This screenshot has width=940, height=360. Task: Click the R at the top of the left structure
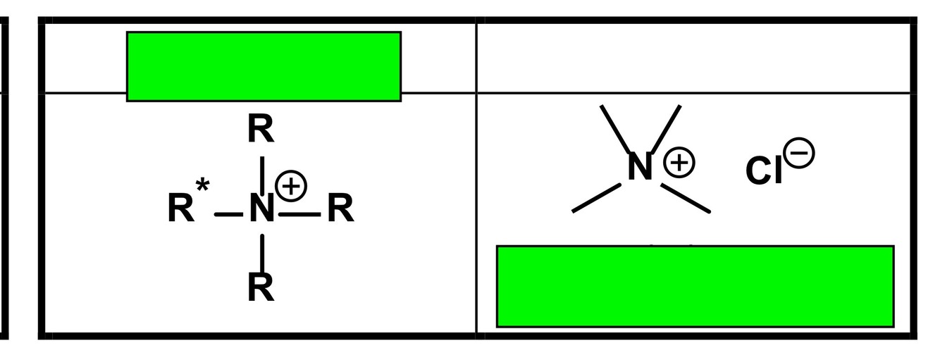(x=261, y=131)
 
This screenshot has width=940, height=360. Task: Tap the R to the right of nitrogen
(x=340, y=209)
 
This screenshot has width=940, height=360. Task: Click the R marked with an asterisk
(x=180, y=209)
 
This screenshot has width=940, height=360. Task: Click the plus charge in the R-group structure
(x=291, y=186)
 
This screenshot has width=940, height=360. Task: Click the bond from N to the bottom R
(x=262, y=252)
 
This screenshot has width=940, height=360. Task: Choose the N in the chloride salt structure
(x=640, y=168)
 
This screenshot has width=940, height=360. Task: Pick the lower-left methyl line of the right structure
(x=596, y=197)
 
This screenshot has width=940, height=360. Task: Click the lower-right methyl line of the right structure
(x=686, y=198)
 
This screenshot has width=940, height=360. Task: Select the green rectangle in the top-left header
(x=264, y=66)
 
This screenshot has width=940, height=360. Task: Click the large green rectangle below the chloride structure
(x=695, y=286)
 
